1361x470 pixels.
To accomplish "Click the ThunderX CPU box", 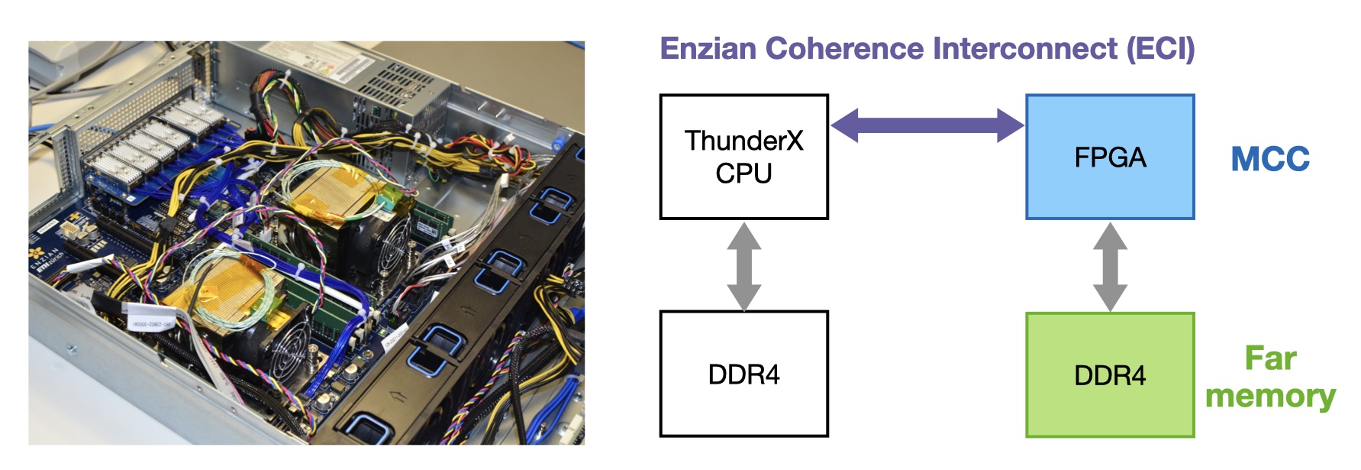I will [743, 157].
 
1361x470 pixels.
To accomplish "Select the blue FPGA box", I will [1109, 157].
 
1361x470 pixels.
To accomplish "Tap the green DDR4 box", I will [1109, 374].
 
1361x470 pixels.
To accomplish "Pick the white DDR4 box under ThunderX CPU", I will [743, 374].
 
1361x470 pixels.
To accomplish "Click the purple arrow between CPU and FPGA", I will [927, 125].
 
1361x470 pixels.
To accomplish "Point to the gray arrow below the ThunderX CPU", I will [743, 266].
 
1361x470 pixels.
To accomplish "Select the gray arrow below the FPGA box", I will [1109, 266].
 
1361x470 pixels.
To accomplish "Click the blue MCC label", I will [1270, 159].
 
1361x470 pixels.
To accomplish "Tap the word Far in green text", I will [1270, 358].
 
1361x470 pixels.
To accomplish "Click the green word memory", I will [1270, 396].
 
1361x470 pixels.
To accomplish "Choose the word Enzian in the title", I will [708, 48].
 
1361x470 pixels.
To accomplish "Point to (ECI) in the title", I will [1160, 48].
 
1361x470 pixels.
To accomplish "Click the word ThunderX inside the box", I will [743, 141].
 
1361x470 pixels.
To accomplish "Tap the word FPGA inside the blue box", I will [1109, 157].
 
